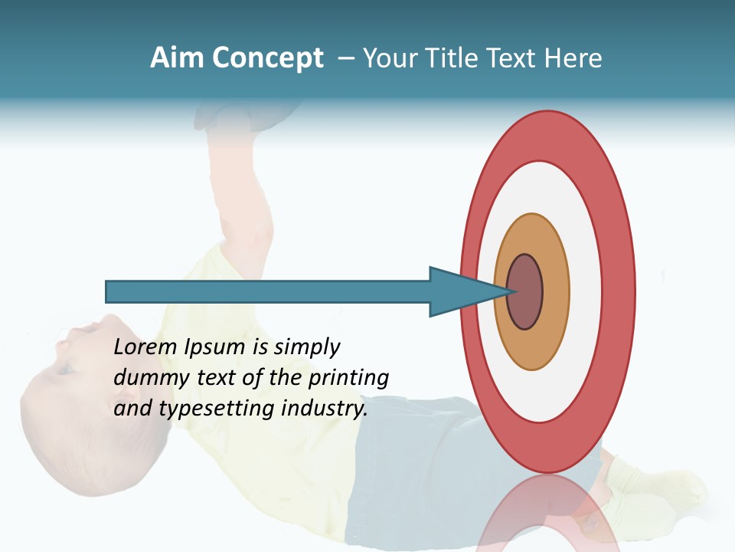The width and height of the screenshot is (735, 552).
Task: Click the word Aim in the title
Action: point(178,58)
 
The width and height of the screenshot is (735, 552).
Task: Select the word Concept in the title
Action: point(268,59)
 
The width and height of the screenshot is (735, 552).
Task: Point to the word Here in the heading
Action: point(573,58)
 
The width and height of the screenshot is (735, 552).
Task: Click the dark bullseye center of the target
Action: point(525,292)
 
